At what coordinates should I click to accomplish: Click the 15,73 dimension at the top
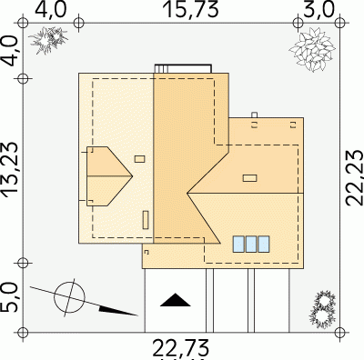click(x=190, y=9)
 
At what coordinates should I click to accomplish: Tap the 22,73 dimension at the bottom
click(x=181, y=348)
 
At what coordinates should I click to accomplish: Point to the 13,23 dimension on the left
click(x=10, y=170)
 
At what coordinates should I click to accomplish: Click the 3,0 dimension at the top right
click(x=318, y=9)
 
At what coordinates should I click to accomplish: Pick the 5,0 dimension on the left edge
click(x=9, y=297)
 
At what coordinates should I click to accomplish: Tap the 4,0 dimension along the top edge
click(x=50, y=9)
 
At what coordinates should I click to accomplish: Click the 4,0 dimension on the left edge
click(x=10, y=51)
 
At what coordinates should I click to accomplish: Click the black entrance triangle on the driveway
click(x=176, y=300)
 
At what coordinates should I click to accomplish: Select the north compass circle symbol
click(x=69, y=297)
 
